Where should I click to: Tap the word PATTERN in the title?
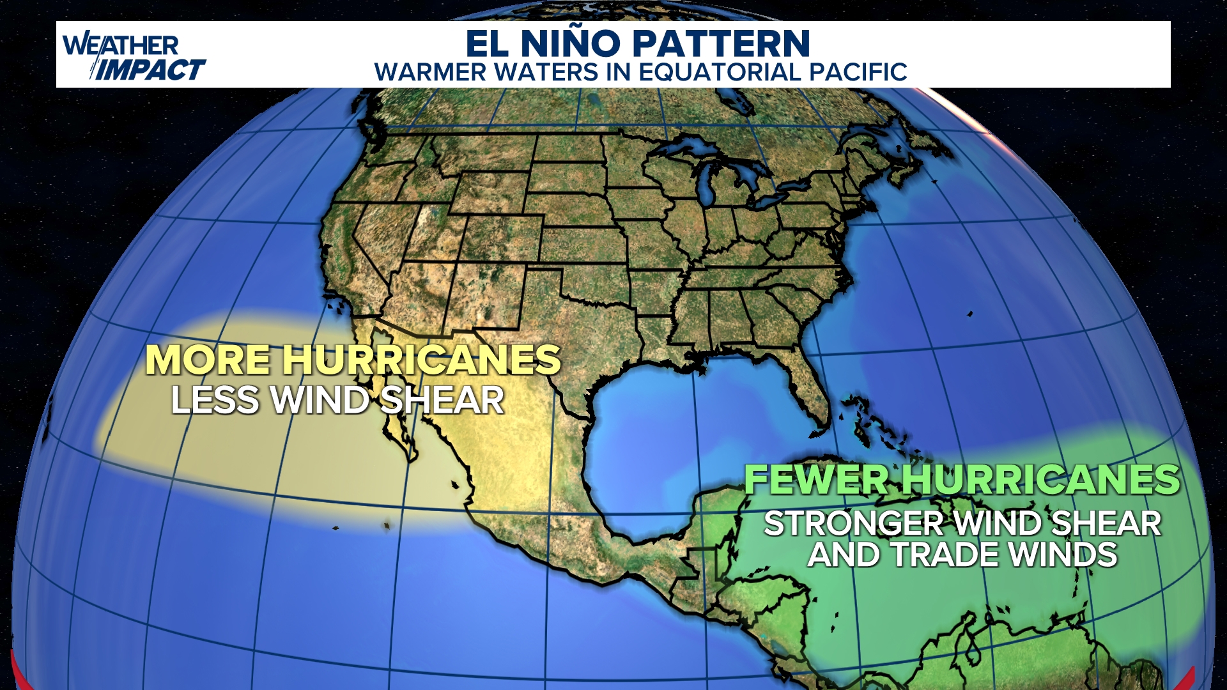pos(722,43)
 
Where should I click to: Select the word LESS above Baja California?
pos(214,401)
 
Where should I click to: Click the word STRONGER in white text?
pos(853,524)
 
